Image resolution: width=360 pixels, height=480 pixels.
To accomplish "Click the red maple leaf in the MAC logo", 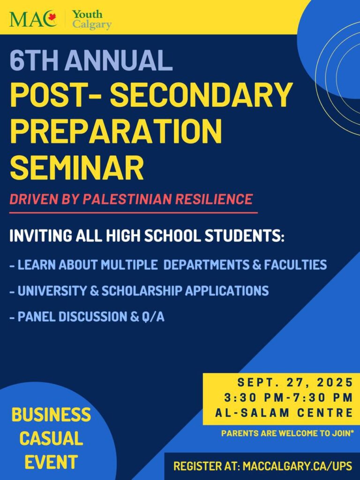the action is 52,17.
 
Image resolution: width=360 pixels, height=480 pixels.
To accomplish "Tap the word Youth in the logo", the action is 87,14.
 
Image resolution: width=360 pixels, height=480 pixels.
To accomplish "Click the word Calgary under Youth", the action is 92,24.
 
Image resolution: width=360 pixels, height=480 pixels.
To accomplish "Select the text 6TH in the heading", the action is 34,60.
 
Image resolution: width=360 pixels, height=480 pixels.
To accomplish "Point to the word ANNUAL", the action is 119,60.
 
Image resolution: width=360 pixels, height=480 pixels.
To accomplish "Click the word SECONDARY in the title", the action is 201,94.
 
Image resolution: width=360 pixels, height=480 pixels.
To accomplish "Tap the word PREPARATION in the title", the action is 116,131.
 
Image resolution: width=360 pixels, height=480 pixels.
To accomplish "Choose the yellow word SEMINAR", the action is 77,168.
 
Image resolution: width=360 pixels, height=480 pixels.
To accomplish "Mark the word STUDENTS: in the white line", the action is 244,236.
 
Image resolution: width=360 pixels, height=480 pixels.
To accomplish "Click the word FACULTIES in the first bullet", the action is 295,265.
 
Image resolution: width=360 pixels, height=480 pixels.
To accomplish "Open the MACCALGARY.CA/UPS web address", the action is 297,466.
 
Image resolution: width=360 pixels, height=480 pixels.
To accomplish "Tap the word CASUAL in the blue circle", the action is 51,438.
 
